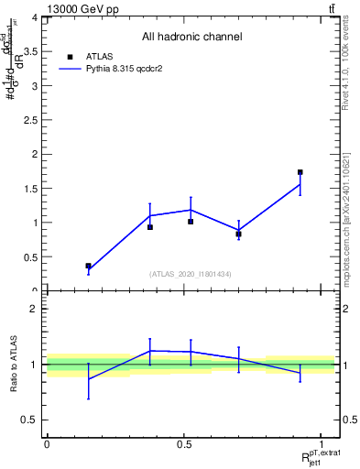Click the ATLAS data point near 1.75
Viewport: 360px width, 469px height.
pos(300,172)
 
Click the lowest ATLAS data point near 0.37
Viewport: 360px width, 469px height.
pos(88,266)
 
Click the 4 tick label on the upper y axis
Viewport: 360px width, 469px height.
pos(33,17)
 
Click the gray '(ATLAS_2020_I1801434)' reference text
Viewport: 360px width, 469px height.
pos(191,274)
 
